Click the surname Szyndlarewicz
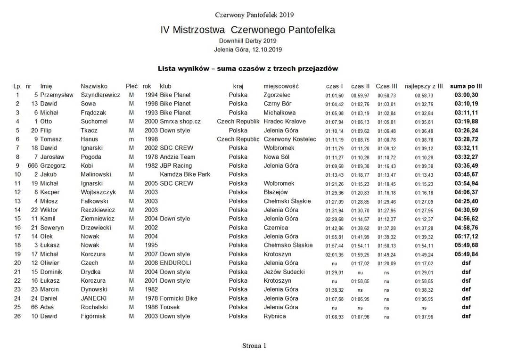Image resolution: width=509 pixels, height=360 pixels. (x=100, y=95)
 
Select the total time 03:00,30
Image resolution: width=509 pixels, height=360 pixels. (x=466, y=95)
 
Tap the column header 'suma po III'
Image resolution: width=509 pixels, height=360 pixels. (x=466, y=86)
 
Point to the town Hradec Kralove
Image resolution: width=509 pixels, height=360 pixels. (x=285, y=122)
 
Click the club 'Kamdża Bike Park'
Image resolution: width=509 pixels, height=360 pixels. (x=185, y=174)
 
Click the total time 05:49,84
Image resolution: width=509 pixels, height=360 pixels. (x=466, y=254)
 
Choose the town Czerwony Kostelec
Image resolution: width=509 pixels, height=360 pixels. (x=290, y=139)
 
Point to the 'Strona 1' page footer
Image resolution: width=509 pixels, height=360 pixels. (x=254, y=345)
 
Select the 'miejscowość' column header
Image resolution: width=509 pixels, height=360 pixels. (x=281, y=86)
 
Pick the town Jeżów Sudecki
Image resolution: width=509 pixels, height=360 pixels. (x=284, y=272)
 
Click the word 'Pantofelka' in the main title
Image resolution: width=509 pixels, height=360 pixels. (x=308, y=30)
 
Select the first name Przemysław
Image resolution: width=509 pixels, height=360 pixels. (x=57, y=95)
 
